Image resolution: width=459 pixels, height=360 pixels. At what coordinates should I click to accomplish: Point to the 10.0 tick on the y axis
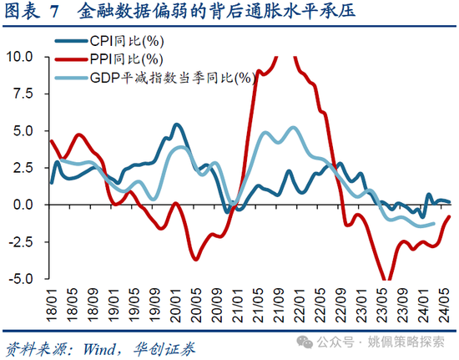click(21, 57)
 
